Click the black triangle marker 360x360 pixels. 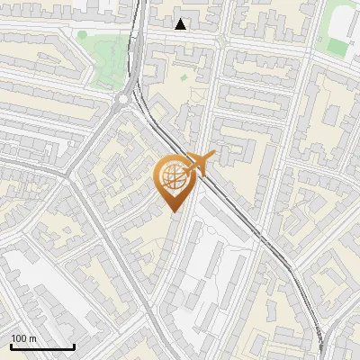tap(181, 23)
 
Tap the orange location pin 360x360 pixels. tap(172, 182)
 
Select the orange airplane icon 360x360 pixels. tap(198, 165)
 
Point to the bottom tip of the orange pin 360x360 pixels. tap(172, 211)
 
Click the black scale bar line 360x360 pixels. tap(42, 346)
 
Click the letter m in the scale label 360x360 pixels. tap(32, 338)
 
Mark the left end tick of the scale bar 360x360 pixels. tap(11, 346)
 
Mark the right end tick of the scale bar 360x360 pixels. tap(74, 346)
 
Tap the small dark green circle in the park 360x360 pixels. tap(83, 35)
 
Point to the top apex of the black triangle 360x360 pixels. tap(181, 18)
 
